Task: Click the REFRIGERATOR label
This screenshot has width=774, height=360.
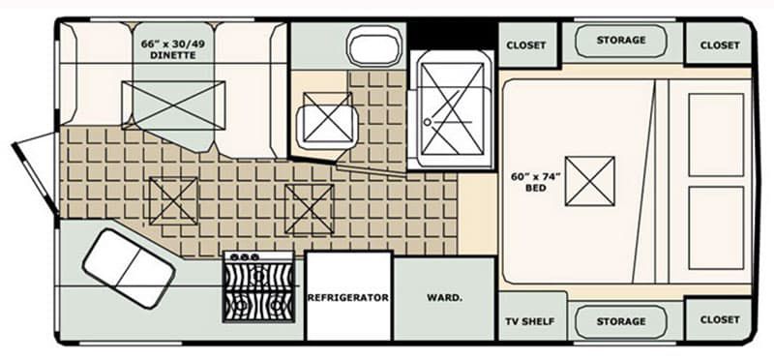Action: click(348, 298)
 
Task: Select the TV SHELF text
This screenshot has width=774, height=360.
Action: click(529, 321)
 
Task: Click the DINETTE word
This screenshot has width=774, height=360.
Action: click(173, 55)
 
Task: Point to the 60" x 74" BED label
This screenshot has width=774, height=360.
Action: click(536, 182)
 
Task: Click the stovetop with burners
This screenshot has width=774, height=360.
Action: click(259, 286)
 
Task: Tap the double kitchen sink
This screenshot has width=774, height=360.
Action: click(129, 269)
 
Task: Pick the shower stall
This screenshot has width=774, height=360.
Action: click(452, 109)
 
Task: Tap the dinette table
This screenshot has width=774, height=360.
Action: click(173, 105)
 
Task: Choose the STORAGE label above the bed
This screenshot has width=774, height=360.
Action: click(621, 40)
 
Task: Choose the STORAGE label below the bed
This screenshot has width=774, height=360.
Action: click(621, 321)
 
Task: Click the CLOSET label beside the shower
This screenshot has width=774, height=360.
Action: click(526, 45)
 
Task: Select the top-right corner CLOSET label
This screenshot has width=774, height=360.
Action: click(720, 45)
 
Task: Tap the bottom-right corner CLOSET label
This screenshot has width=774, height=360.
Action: click(720, 319)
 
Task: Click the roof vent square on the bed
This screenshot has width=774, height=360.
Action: click(590, 181)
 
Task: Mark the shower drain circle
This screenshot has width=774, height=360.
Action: click(428, 122)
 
